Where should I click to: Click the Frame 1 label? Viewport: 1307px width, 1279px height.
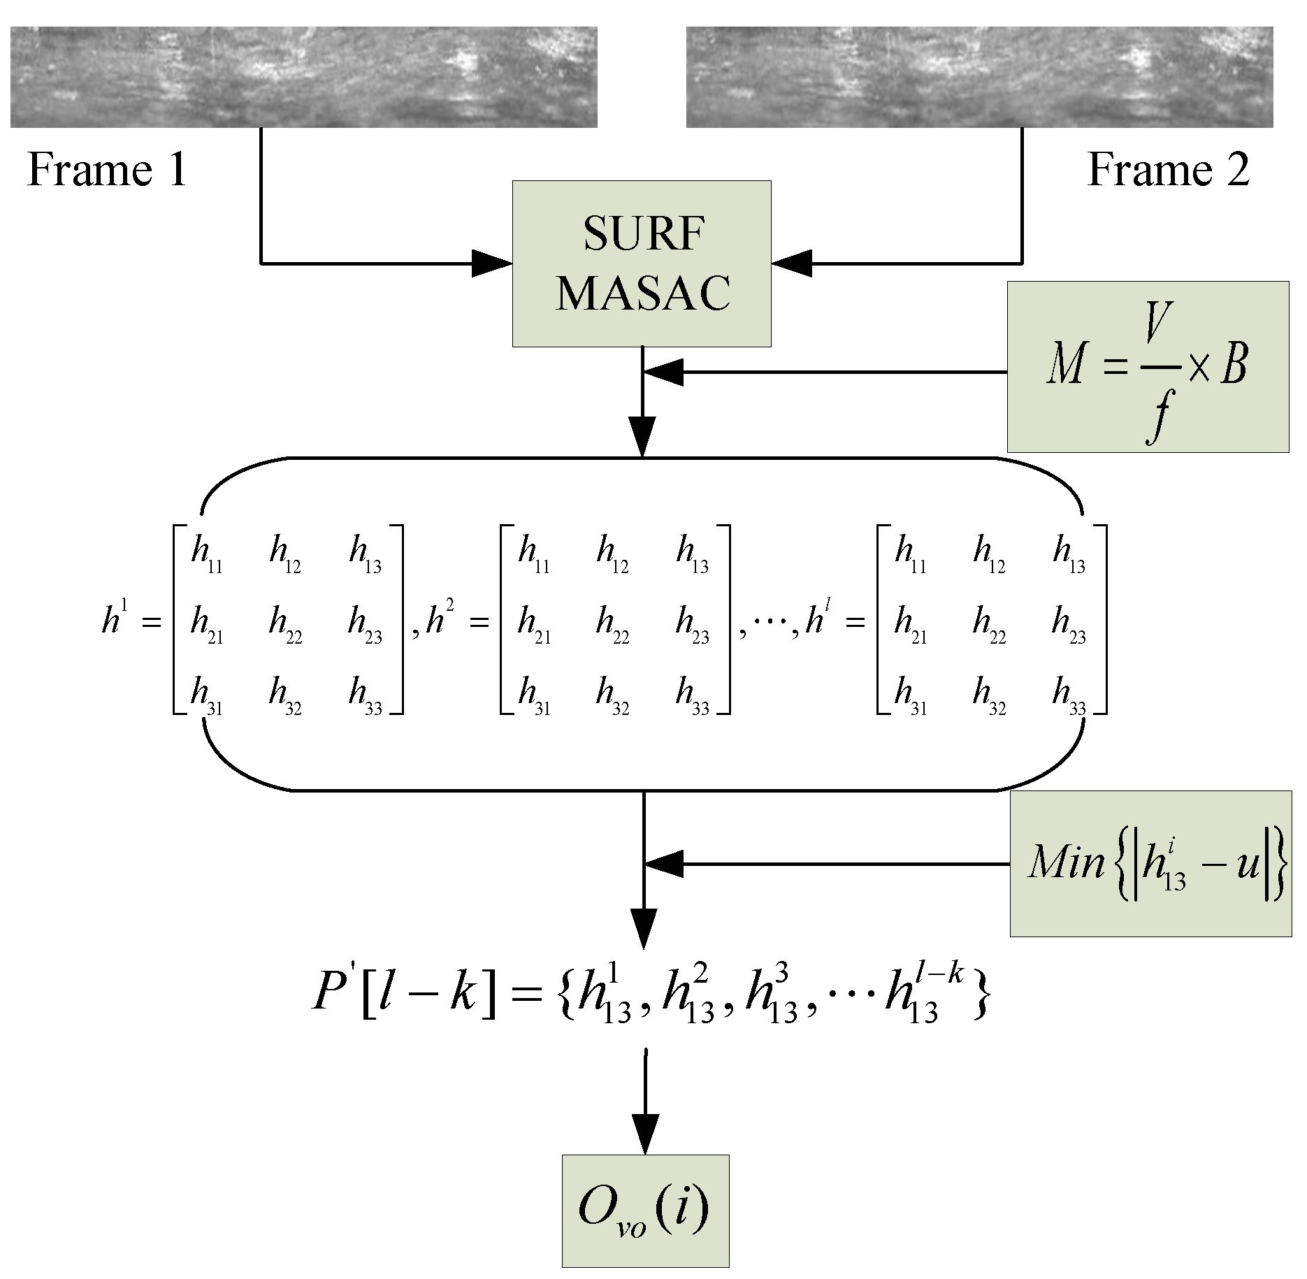pos(107,170)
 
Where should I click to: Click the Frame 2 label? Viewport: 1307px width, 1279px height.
pos(1169,170)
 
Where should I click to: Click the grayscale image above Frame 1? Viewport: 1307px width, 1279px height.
pos(303,77)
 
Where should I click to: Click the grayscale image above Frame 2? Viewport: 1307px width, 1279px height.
pos(979,77)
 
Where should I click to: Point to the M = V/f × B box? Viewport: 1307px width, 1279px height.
pos(1148,367)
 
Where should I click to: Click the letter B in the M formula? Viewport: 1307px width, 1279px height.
pos(1234,365)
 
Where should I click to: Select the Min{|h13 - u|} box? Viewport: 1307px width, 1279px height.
pos(1150,864)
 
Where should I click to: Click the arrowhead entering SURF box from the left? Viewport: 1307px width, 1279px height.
pos(492,263)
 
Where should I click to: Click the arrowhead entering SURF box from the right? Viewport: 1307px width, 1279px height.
pos(792,263)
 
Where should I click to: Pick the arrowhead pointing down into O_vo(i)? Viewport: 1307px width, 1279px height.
pos(644,1134)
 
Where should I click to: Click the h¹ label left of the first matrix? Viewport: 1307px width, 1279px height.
pos(115,619)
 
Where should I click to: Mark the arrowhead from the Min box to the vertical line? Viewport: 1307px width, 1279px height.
pos(664,864)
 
